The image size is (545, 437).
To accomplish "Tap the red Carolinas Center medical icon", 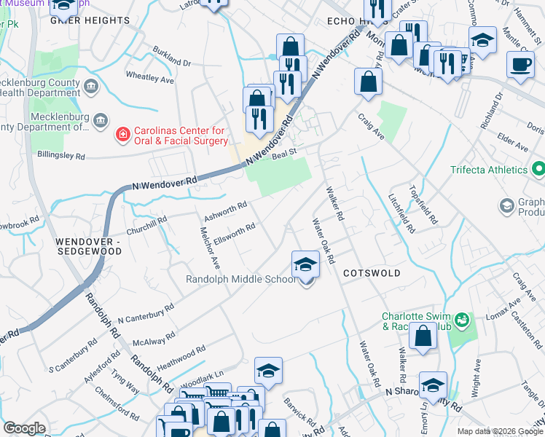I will pos(123,135).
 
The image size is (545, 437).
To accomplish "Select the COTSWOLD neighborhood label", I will pos(372,272).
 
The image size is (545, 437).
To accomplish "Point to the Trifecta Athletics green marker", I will pos(538,170).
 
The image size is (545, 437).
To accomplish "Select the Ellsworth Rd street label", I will pos(234,234).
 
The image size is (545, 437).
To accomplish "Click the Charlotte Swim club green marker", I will pos(460,319).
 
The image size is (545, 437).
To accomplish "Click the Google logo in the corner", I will pos(24,428).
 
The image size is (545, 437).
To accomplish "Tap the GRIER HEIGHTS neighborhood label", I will pos(90,20).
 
